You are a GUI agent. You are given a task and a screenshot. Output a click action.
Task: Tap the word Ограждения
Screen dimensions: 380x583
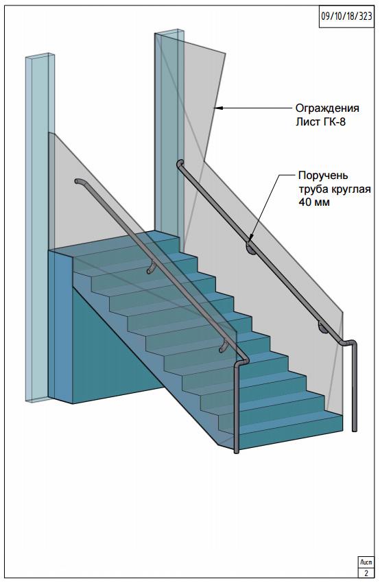pyautogui.click(x=327, y=108)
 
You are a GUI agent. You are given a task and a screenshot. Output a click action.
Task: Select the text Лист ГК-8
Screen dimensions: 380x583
pyautogui.click(x=320, y=121)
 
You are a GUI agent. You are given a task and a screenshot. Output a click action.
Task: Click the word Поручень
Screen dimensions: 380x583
pyautogui.click(x=324, y=176)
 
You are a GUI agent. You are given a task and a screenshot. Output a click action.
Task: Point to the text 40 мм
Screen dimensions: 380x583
pyautogui.click(x=314, y=202)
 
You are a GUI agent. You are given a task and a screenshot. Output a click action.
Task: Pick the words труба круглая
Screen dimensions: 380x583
pyautogui.click(x=335, y=189)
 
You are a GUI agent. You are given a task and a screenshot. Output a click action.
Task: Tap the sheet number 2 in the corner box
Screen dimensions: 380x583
pyautogui.click(x=366, y=573)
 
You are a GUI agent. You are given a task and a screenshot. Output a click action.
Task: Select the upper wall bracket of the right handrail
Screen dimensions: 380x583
pyautogui.click(x=250, y=248)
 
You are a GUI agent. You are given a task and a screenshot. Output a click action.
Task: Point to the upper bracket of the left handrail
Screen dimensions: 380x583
pyautogui.click(x=151, y=267)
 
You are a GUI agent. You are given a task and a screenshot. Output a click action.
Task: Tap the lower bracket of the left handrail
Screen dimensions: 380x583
pyautogui.click(x=224, y=346)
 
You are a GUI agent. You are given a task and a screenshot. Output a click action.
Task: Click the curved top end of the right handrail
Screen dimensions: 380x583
pyautogui.click(x=180, y=164)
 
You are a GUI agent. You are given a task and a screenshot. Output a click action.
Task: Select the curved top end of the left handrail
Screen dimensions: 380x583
pyautogui.click(x=80, y=181)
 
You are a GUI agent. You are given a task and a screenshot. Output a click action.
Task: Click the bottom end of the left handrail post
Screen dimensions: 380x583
pyautogui.click(x=237, y=452)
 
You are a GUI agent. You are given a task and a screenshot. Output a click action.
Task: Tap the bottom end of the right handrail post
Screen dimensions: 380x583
pyautogui.click(x=355, y=429)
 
